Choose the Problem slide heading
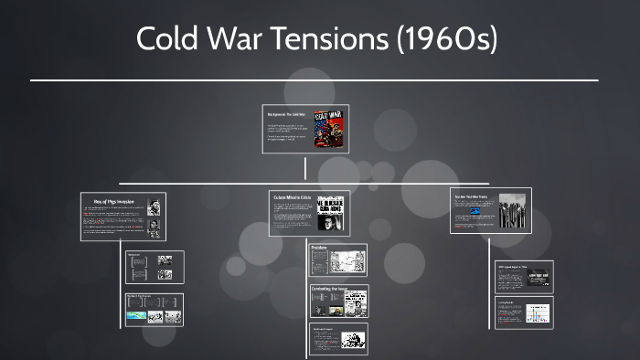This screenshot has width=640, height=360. pos(320,248)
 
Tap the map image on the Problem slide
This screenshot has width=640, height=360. pos(347,260)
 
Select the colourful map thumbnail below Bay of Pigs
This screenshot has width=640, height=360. pos(137,315)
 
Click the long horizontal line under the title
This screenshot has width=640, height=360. pos(314,80)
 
